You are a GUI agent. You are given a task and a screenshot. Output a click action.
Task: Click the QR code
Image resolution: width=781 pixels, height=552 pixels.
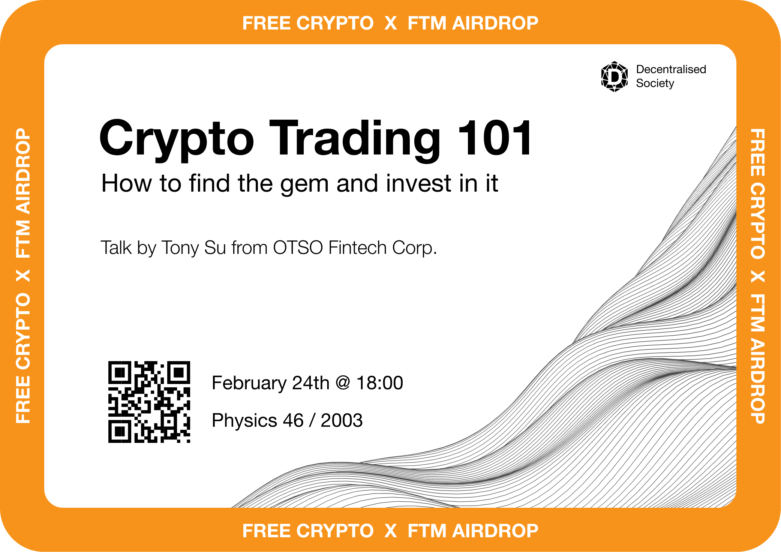149,402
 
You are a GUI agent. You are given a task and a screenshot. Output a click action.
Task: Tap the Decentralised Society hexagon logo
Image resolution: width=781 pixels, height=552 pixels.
614,76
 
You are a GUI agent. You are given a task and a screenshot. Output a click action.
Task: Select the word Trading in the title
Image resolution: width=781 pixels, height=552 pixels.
355,141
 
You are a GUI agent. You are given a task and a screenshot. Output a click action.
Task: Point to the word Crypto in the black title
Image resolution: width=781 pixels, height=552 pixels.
177,141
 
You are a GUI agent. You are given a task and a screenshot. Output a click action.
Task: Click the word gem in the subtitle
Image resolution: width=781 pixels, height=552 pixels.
304,185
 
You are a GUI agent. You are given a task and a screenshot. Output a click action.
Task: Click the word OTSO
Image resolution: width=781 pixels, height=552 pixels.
298,247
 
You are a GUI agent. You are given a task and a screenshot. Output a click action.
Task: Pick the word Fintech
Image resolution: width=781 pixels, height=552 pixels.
357,247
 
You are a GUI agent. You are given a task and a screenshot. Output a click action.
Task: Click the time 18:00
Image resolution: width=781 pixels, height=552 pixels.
379,383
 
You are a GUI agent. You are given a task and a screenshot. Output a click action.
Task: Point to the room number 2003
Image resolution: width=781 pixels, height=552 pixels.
342,420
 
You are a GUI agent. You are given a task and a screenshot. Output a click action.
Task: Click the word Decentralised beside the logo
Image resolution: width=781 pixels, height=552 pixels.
671,69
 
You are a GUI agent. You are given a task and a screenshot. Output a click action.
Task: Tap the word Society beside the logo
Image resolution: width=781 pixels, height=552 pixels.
655,83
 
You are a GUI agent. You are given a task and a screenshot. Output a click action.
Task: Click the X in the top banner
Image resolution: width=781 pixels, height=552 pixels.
391,23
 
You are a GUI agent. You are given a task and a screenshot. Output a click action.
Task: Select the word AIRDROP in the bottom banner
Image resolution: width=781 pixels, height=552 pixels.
495,531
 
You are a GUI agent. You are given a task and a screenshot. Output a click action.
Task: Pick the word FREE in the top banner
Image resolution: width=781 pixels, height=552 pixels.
267,23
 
